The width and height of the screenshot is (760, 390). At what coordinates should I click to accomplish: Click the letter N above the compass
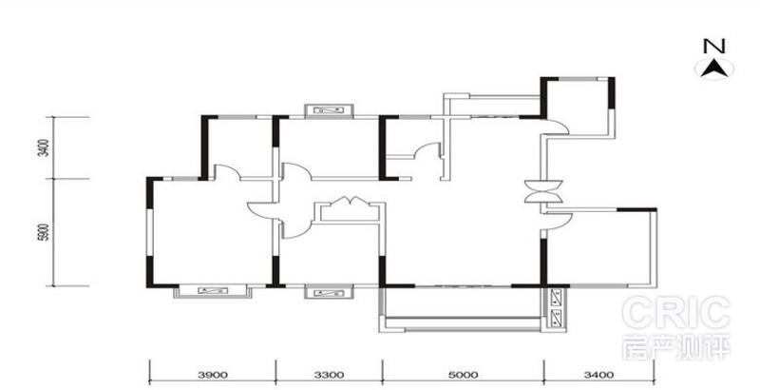pos(714,47)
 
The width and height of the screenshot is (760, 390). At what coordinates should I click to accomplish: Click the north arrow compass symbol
pos(714,68)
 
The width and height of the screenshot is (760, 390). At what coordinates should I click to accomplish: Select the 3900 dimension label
pos(213,375)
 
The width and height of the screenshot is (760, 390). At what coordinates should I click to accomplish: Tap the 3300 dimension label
pos(329,375)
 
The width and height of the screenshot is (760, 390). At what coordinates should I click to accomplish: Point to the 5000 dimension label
pos(464,375)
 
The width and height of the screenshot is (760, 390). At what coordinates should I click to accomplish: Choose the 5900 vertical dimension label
pos(44,232)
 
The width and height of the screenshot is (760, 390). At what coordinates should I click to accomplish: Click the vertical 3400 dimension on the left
pos(44,147)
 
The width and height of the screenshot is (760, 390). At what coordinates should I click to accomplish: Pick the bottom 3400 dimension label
pos(599,375)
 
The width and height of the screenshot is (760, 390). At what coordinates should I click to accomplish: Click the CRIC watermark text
pos(676,313)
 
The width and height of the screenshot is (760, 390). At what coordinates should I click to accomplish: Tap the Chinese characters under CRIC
pos(676,347)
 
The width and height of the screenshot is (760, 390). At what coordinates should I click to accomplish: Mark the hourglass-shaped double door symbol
pos(543,190)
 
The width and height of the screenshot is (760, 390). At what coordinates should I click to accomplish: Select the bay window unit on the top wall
pos(329,110)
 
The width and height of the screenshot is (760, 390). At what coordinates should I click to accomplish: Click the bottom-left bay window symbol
pos(213,290)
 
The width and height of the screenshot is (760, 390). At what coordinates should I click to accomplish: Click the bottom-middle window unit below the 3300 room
pos(329,292)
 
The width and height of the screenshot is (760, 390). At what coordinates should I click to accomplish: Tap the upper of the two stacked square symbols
pos(556,298)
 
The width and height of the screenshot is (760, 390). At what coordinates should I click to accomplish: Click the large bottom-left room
pos(210,232)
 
